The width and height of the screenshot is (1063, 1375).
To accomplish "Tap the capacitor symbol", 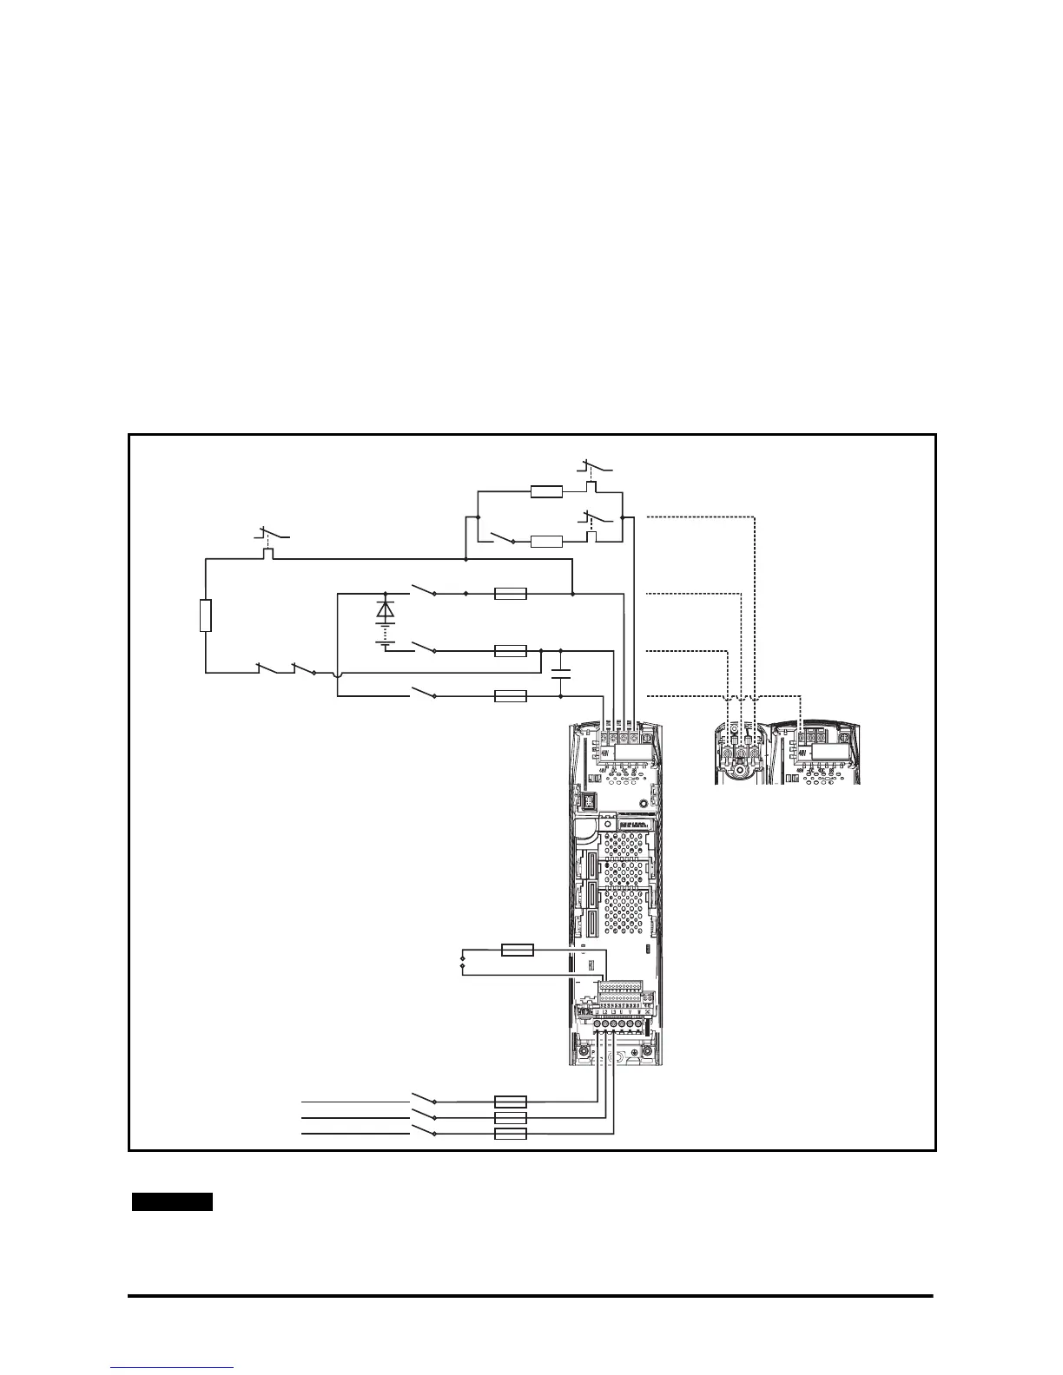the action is pos(561,673).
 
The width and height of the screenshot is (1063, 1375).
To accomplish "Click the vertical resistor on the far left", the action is pos(206,615).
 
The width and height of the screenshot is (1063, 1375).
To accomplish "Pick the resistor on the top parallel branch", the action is pos(546,492).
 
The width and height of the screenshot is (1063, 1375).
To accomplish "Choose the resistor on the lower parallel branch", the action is pos(546,542).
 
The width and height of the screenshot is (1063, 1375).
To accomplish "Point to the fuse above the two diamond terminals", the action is pos(518,951).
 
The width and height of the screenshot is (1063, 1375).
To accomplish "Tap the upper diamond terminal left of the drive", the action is pos(461,957).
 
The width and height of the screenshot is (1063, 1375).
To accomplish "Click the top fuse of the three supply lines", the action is pos(510,1101).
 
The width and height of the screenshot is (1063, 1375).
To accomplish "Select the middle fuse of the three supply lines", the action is pos(510,1117).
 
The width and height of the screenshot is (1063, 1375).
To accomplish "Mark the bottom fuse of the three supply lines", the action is pos(510,1134).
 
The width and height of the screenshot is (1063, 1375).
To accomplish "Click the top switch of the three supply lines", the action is pos(422,1097).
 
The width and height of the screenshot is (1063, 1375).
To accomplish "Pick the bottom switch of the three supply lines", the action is pos(422,1130).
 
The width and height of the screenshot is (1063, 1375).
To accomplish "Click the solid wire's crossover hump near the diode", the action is pos(337,672).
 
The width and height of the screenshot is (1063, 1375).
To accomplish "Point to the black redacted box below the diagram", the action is pos(173,1202).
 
